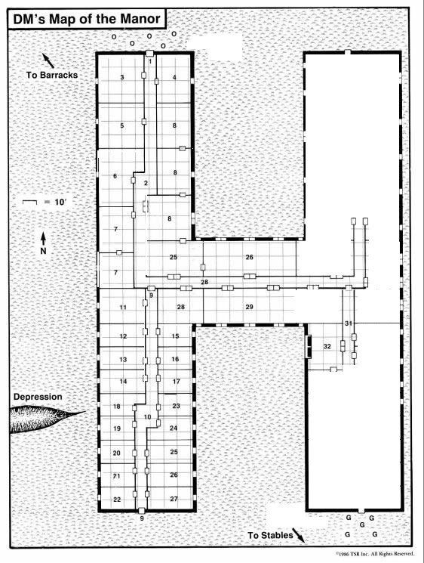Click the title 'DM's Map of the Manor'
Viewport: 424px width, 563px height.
[x=86, y=19]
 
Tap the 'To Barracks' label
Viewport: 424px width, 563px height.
[x=52, y=75]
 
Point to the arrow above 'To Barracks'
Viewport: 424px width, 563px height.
[x=48, y=60]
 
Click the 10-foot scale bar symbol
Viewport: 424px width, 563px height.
[x=29, y=203]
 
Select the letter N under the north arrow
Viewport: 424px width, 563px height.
[x=43, y=251]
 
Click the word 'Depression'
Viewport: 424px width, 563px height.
[x=38, y=397]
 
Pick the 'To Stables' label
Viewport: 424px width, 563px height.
[x=271, y=535]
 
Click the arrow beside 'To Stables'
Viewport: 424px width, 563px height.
[x=299, y=535]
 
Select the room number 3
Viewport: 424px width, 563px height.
[x=122, y=77]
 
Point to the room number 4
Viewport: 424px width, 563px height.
[x=174, y=77]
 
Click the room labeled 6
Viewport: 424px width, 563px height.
[x=115, y=176]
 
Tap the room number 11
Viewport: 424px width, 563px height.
[x=123, y=308]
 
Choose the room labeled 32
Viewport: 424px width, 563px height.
[x=327, y=346]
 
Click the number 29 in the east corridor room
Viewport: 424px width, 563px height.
[x=250, y=307]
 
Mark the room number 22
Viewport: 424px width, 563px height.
[x=117, y=500]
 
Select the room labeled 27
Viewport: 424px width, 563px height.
[x=174, y=499]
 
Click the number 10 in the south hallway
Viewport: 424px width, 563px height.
[x=147, y=417]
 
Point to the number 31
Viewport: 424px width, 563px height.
[x=349, y=323]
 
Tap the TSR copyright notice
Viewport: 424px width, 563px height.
[x=375, y=554]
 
